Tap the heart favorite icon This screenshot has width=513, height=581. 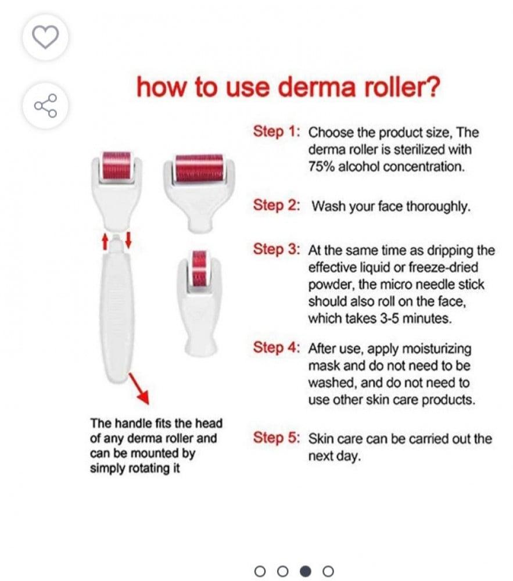(45, 37)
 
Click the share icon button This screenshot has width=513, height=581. (45, 106)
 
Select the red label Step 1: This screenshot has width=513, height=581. (277, 131)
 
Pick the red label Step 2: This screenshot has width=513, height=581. (277, 205)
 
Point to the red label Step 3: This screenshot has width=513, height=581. (277, 249)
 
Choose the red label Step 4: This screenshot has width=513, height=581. (277, 347)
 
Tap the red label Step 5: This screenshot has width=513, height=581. (277, 437)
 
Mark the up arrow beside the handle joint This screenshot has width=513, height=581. (105, 241)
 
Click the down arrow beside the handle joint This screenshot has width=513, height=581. (128, 239)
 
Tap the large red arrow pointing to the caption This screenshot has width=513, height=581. (139, 388)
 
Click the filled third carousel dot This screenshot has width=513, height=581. (305, 571)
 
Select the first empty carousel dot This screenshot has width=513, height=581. (260, 571)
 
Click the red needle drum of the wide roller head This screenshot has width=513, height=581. (199, 168)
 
